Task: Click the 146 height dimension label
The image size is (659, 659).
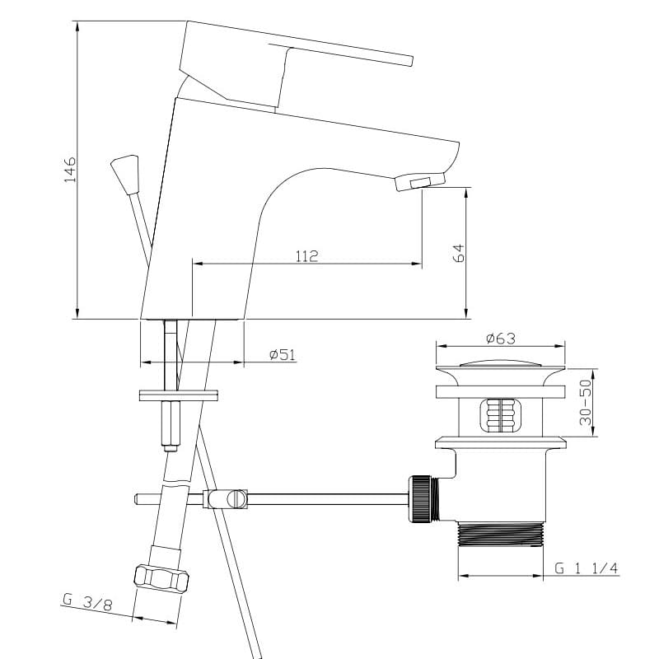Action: tap(70, 170)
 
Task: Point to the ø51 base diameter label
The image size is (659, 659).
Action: tap(283, 355)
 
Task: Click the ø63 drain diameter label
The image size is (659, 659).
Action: tap(501, 339)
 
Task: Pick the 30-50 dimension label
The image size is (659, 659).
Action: tap(585, 403)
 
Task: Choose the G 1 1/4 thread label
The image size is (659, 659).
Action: tap(587, 568)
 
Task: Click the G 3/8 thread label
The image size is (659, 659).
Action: tap(87, 601)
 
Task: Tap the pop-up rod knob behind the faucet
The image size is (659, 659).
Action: tap(125, 174)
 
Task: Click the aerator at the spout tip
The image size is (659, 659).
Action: tap(419, 181)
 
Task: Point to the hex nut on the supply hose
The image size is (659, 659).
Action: tap(161, 579)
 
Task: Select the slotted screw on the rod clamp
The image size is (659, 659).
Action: tap(236, 499)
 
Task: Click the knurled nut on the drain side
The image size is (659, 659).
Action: tap(420, 499)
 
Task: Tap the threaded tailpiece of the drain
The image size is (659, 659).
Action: tap(501, 534)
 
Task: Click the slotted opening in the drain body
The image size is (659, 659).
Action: tap(501, 415)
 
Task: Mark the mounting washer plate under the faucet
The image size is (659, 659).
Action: tap(179, 395)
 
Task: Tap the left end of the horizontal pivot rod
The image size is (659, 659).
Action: tap(136, 499)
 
